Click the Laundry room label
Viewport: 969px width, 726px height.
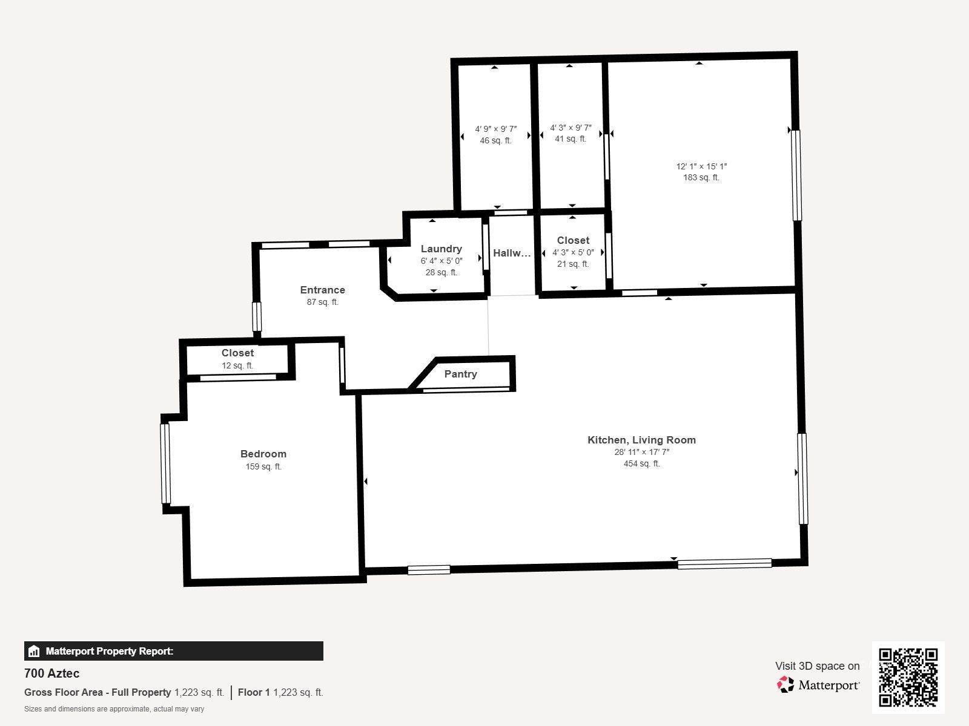point(441,249)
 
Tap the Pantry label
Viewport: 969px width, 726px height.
point(460,374)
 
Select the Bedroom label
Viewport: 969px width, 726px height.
point(263,454)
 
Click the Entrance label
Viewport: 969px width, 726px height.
point(322,290)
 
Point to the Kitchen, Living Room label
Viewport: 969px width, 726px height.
point(641,440)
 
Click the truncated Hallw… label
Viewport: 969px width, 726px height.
point(511,253)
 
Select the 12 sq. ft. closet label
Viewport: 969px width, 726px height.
point(237,365)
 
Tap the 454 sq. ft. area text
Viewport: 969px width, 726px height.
point(641,463)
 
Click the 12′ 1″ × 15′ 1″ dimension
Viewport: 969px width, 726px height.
point(701,166)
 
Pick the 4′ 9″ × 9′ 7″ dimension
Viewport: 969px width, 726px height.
point(495,129)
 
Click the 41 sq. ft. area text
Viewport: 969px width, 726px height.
point(570,139)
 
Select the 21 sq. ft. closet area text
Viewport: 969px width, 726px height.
point(573,264)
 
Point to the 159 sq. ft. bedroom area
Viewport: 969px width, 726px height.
point(263,466)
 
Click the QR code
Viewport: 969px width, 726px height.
point(908,677)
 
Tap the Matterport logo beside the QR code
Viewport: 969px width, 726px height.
point(818,685)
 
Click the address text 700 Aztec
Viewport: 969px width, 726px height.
point(51,673)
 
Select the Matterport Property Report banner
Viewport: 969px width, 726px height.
point(173,651)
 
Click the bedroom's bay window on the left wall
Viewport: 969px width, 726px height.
point(165,463)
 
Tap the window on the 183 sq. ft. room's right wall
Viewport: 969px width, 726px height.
point(796,175)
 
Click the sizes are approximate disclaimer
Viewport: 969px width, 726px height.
point(114,709)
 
